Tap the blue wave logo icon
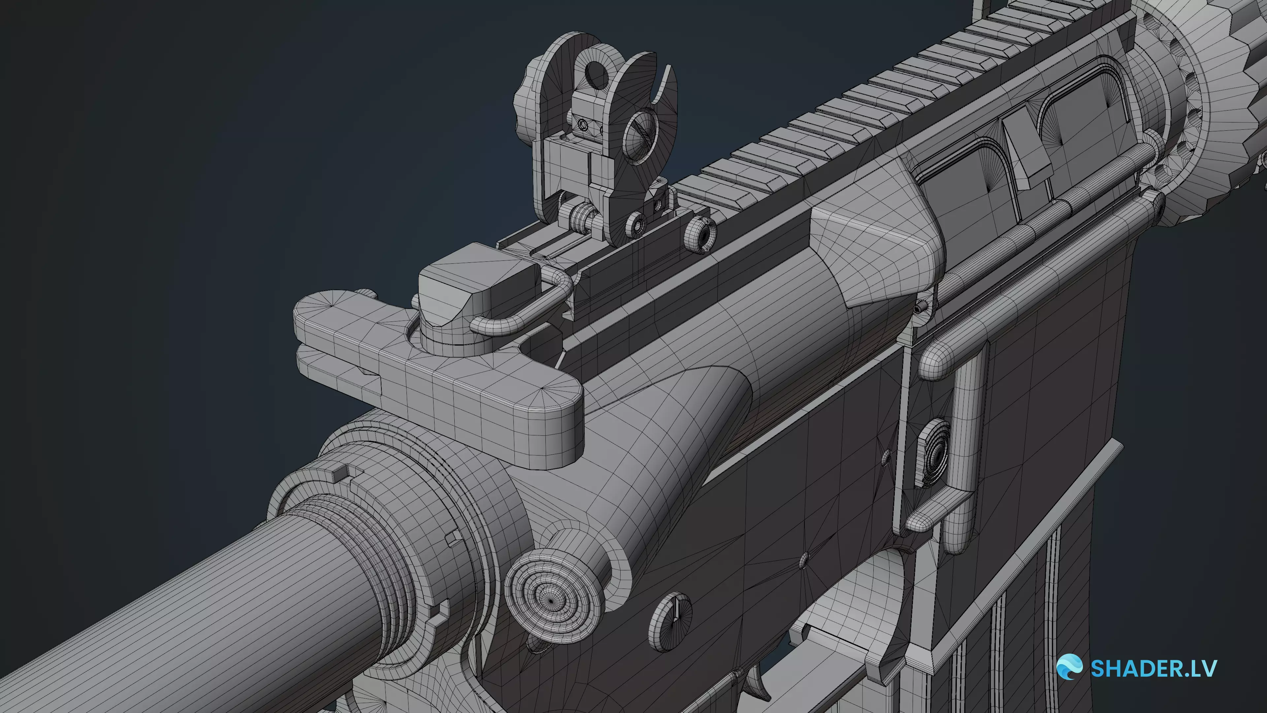point(1069,667)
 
